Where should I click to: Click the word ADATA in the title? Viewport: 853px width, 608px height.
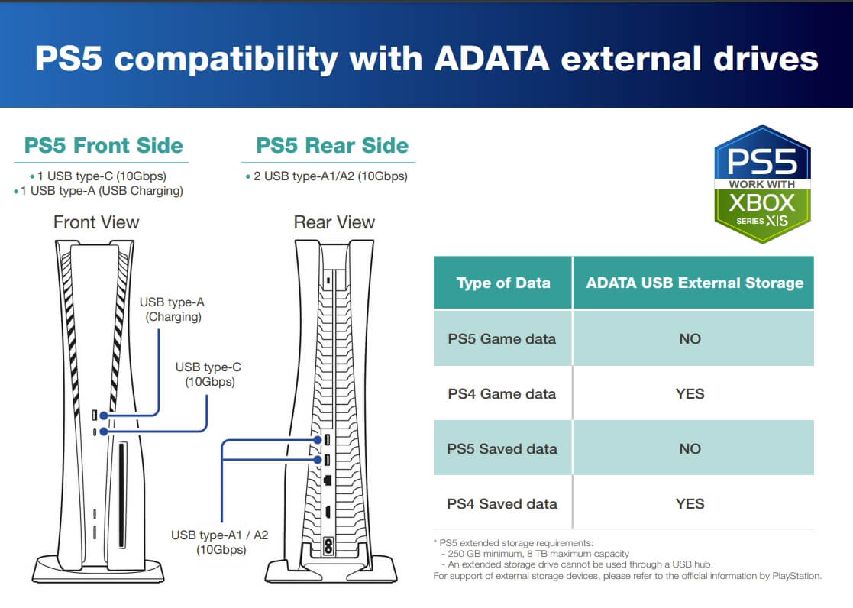pyautogui.click(x=492, y=58)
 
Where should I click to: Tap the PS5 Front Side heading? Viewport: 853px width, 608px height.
pyautogui.click(x=103, y=145)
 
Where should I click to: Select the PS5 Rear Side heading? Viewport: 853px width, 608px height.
pyautogui.click(x=332, y=145)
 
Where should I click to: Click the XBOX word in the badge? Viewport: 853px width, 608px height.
pyautogui.click(x=762, y=203)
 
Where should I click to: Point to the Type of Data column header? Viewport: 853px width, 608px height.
pyautogui.click(x=503, y=283)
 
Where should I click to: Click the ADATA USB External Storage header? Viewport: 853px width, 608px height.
pyautogui.click(x=695, y=283)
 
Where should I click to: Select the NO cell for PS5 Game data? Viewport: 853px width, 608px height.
pyautogui.click(x=690, y=338)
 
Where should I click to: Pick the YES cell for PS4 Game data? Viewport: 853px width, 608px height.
pyautogui.click(x=690, y=393)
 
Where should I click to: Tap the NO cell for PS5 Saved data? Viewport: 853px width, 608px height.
pyautogui.click(x=690, y=448)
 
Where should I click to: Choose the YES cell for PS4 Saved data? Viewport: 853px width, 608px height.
pyautogui.click(x=690, y=503)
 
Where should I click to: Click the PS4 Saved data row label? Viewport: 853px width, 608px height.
pyautogui.click(x=502, y=503)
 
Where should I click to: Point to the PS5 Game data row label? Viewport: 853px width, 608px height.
pyautogui.click(x=502, y=338)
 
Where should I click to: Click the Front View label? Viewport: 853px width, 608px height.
pyautogui.click(x=96, y=222)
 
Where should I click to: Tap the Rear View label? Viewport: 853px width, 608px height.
pyautogui.click(x=334, y=222)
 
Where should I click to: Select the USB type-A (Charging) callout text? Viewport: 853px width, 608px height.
pyautogui.click(x=173, y=309)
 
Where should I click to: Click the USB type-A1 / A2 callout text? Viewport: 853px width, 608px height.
pyautogui.click(x=220, y=542)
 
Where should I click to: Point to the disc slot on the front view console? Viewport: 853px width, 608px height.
pyautogui.click(x=122, y=495)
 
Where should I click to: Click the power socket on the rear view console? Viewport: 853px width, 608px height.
pyautogui.click(x=328, y=546)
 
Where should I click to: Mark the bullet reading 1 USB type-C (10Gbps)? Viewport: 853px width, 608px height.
pyautogui.click(x=98, y=176)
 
